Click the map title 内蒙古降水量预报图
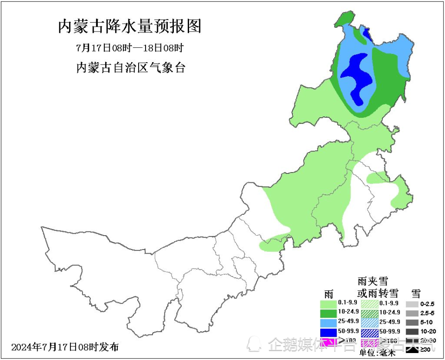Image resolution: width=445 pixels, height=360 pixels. click(130, 26)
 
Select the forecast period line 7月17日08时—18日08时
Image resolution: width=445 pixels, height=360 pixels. click(130, 48)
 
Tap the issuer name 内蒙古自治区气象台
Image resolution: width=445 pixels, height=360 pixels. click(130, 68)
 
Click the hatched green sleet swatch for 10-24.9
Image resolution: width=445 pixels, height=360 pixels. click(369, 314)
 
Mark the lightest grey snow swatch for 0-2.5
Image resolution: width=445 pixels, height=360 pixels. click(412, 304)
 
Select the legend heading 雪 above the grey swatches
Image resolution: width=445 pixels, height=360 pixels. click(416, 293)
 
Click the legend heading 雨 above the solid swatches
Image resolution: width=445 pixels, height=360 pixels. click(329, 294)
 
